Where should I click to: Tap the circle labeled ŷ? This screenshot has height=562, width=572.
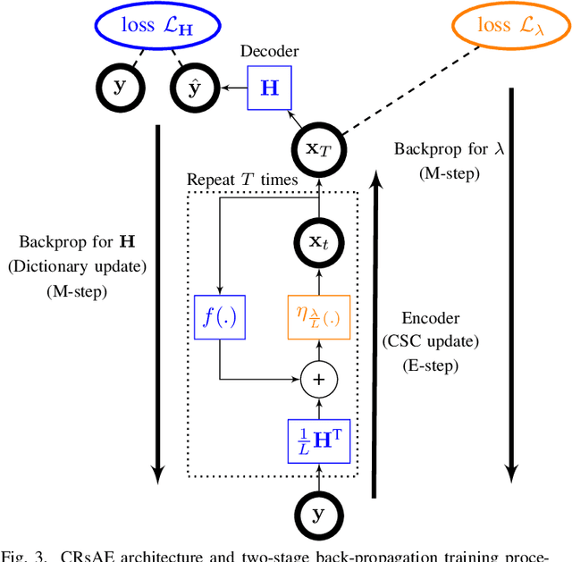coord(193,88)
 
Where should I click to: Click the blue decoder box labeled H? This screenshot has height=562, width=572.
coord(268,88)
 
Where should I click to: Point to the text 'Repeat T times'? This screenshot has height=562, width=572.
coord(241,180)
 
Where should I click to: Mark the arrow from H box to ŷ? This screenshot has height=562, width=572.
coord(236,88)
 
